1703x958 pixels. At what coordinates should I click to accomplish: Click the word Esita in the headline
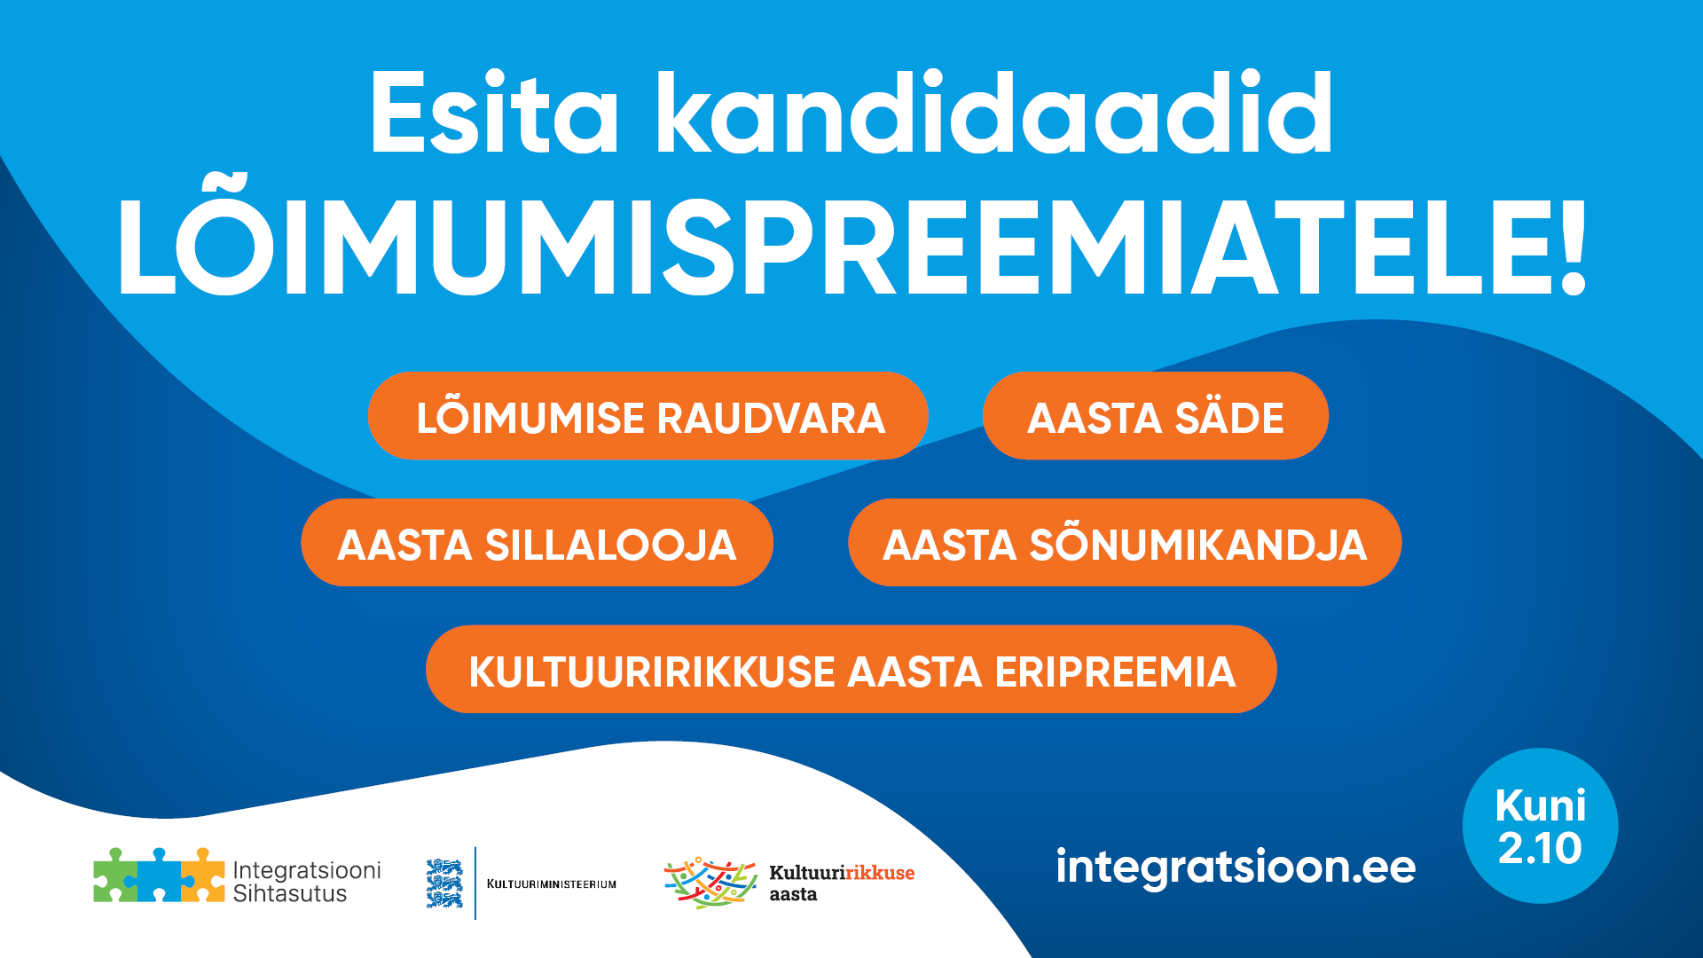[x=494, y=114]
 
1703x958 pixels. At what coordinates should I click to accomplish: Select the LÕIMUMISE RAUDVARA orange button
[x=648, y=416]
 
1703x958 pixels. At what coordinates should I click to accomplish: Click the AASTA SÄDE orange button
[x=1156, y=416]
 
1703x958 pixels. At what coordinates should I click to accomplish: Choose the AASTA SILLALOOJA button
[x=538, y=543]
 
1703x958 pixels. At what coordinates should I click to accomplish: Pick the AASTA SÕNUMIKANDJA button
[x=1125, y=543]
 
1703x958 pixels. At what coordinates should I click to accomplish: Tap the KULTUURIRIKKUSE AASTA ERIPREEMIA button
[x=851, y=670]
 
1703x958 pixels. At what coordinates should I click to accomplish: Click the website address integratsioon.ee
[x=1236, y=867]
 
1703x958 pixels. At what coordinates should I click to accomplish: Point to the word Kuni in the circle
[x=1541, y=805]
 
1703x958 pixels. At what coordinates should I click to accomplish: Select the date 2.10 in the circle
[x=1540, y=848]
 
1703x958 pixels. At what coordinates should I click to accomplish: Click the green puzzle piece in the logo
[x=115, y=876]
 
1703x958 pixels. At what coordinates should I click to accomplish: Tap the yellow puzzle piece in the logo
[x=203, y=876]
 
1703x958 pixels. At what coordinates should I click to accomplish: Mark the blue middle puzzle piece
[x=160, y=876]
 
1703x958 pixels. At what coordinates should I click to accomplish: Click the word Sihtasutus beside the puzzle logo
[x=290, y=894]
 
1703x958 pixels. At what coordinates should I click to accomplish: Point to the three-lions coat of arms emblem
[x=444, y=883]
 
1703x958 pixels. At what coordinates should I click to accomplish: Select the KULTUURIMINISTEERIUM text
[x=552, y=883]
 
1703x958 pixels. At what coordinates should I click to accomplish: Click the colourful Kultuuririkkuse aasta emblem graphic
[x=710, y=883]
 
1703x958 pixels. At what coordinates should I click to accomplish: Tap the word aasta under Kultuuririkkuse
[x=793, y=895]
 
